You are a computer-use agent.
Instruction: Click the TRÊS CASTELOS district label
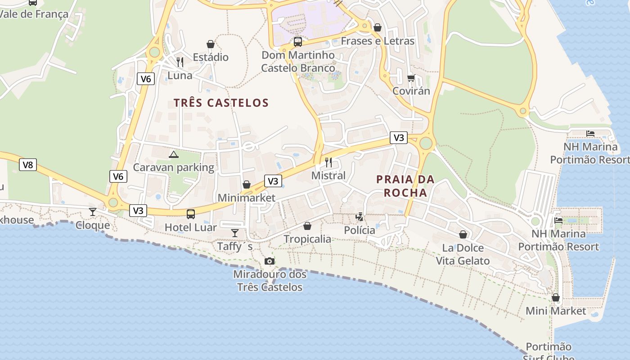point(221,103)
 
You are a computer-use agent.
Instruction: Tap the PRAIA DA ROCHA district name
point(405,186)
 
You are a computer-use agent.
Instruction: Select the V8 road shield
point(28,165)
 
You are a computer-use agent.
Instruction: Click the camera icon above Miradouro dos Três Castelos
point(269,261)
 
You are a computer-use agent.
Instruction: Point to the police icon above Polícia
point(359,217)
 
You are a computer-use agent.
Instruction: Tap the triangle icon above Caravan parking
point(173,155)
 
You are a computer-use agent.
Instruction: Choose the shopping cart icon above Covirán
point(411,78)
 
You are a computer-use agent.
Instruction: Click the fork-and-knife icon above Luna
point(180,62)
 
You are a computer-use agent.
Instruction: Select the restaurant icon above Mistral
point(328,162)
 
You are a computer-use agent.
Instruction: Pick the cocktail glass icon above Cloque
point(93,211)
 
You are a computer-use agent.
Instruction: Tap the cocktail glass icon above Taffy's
point(234,233)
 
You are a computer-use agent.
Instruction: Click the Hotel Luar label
point(190,227)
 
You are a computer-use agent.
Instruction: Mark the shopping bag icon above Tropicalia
point(307,226)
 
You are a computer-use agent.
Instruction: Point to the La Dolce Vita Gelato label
point(463,254)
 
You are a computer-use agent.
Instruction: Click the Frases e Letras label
point(378,41)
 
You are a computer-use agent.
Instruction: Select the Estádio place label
point(211,57)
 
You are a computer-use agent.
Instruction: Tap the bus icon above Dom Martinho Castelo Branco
point(298,42)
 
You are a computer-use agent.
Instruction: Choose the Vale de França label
point(34,14)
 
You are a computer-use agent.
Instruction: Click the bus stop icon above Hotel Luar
point(191,214)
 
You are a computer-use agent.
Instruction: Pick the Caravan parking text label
point(174,167)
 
